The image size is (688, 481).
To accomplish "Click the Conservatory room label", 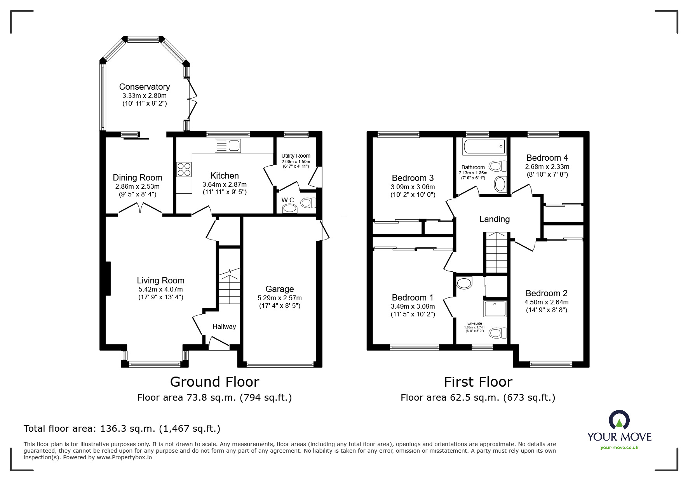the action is [x=145, y=87].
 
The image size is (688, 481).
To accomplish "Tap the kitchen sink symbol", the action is [x=228, y=146].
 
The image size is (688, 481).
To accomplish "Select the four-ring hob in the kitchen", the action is [x=184, y=169].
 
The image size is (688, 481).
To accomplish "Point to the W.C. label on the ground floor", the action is [x=289, y=200].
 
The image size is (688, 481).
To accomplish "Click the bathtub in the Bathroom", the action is [x=484, y=147].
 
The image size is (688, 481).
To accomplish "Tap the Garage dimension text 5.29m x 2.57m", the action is [x=280, y=298].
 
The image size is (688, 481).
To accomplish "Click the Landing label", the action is [x=495, y=219].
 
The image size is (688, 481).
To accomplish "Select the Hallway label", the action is [x=224, y=326].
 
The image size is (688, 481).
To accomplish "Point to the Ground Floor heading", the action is [x=214, y=382].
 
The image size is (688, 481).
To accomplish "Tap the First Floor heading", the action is [x=478, y=382].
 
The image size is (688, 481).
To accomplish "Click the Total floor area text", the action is [x=122, y=429].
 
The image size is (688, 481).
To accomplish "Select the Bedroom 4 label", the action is [x=547, y=158].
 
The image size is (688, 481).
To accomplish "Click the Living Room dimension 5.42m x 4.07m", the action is [x=160, y=289].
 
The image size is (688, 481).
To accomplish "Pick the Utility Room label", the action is [x=296, y=156].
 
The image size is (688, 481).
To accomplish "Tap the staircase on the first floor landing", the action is [x=496, y=253].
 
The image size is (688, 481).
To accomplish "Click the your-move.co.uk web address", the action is [x=619, y=448].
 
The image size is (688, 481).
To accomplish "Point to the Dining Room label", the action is [x=138, y=177].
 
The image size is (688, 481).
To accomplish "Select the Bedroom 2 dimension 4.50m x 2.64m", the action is [x=547, y=302].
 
